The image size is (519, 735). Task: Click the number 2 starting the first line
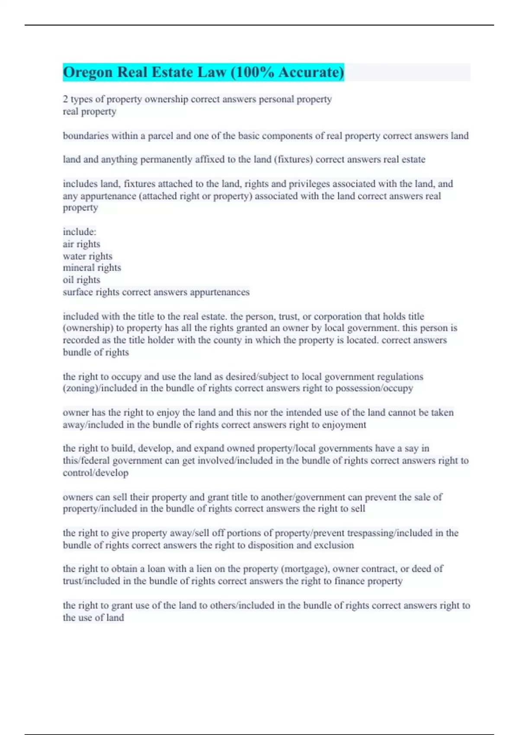(x=65, y=99)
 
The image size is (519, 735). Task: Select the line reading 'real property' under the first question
(x=90, y=112)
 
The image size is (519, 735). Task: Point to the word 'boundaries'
(x=86, y=136)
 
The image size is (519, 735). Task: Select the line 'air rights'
(x=81, y=244)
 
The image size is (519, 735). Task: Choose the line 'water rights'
(x=87, y=256)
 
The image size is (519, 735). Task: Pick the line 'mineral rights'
(x=92, y=268)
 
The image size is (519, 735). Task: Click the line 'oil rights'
(x=81, y=280)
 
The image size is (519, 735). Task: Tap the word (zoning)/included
(x=102, y=388)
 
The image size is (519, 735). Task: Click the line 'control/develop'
(x=96, y=473)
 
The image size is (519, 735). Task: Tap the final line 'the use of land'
(x=93, y=617)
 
